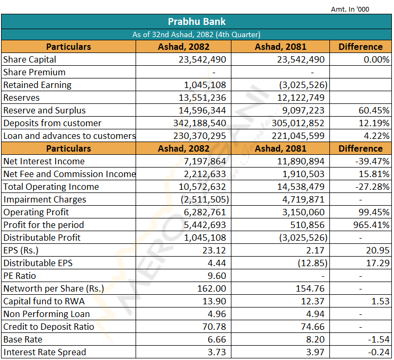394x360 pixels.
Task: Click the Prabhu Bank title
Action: click(196, 22)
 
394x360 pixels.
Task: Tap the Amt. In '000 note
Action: click(350, 10)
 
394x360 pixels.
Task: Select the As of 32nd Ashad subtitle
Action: click(196, 34)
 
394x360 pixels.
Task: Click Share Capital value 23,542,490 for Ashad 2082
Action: click(202, 59)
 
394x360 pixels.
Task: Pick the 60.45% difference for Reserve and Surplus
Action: click(374, 110)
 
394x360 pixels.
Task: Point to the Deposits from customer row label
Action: click(52, 124)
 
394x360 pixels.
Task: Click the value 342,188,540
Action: click(200, 124)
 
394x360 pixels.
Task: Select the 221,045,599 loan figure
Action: click(298, 136)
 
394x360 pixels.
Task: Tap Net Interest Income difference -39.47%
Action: click(372, 161)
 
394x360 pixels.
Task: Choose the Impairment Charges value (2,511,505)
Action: click(205, 199)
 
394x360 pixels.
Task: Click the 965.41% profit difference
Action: click(371, 225)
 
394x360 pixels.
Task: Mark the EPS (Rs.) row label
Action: click(21, 251)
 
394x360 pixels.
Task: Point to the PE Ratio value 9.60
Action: click(217, 276)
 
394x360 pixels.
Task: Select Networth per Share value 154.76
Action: click(310, 288)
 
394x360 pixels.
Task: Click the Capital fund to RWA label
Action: click(44, 301)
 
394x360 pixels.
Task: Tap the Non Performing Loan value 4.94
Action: click(315, 314)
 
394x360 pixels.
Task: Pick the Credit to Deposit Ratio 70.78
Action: click(214, 327)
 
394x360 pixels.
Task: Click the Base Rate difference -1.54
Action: click(379, 340)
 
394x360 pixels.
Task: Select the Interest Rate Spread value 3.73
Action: click(217, 352)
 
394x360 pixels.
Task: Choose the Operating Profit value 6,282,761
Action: click(205, 212)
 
